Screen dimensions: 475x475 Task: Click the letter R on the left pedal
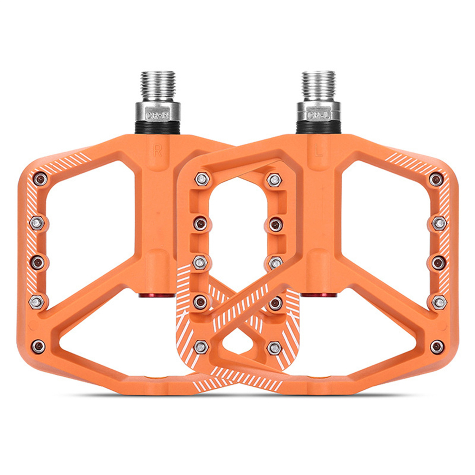click(x=157, y=151)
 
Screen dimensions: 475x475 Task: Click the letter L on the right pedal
click(x=318, y=151)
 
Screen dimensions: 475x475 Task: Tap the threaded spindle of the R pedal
click(x=158, y=86)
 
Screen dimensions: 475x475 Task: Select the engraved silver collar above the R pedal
click(x=158, y=112)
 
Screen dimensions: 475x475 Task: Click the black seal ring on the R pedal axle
click(x=158, y=128)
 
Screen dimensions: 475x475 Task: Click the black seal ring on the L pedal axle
click(x=318, y=128)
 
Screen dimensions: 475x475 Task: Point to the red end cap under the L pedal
click(x=318, y=295)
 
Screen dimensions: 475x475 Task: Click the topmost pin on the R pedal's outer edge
click(x=40, y=179)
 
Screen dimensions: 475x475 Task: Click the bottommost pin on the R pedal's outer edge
click(x=39, y=346)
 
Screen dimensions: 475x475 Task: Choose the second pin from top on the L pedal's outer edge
click(x=439, y=223)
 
